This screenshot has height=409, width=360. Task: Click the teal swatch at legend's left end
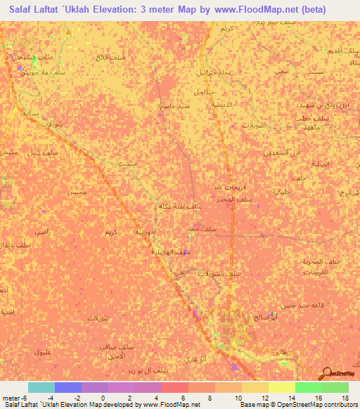coord(41,387)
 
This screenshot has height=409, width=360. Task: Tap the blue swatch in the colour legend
coord(67,387)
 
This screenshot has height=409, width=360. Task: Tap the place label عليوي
coord(45,351)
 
